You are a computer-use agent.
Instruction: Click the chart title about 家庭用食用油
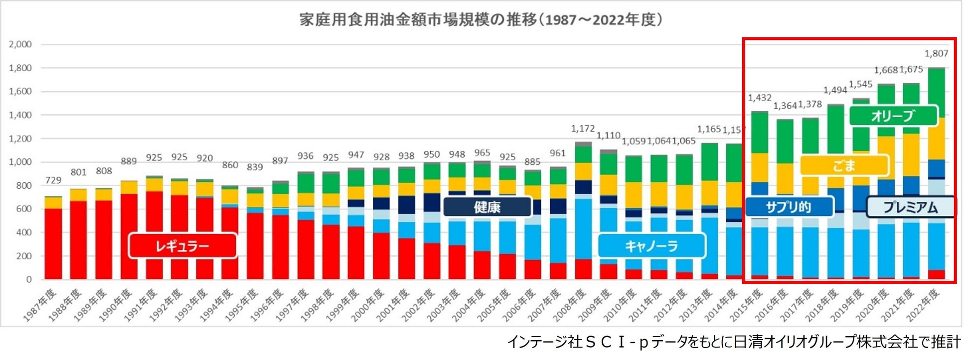coord(481,20)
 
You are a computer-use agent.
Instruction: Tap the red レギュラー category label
coord(182,246)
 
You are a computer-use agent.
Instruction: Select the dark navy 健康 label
coord(487,207)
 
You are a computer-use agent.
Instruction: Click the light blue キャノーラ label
coord(651,246)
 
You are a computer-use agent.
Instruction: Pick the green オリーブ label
coord(893,116)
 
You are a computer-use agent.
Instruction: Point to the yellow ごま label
coord(844,166)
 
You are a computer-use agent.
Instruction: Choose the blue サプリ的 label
coord(789,207)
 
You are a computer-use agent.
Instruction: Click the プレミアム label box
coord(910,207)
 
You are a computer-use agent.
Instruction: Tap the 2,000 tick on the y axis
coord(20,44)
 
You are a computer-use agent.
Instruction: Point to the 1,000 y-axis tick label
coord(20,162)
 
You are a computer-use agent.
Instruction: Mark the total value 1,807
coord(936,54)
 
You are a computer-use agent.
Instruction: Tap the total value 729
coord(53,180)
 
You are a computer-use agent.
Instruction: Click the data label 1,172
coord(583,129)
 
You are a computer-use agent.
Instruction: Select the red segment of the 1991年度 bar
coord(154,234)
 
